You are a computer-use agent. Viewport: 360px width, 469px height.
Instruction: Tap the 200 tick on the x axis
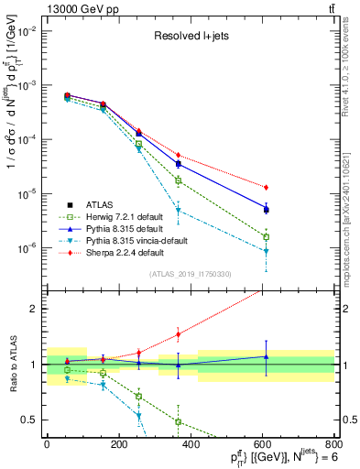(x=118, y=444)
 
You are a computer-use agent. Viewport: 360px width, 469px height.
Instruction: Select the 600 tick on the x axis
(x=263, y=444)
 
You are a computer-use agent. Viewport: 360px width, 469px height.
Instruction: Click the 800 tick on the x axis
(x=334, y=444)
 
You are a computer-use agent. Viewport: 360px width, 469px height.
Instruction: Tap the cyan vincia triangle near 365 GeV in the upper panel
(x=178, y=211)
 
